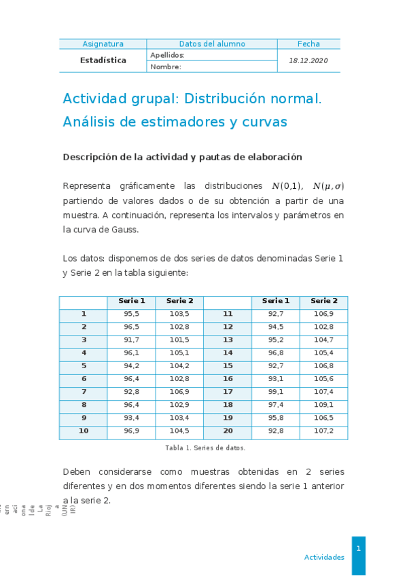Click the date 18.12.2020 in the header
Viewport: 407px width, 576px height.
(308, 60)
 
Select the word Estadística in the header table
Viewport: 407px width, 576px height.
(103, 60)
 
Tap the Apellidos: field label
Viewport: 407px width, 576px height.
(167, 55)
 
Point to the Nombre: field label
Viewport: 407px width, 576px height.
(166, 67)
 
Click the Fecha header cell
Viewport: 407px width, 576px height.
(308, 43)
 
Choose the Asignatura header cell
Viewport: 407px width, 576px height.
(103, 43)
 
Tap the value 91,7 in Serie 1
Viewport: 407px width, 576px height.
(131, 340)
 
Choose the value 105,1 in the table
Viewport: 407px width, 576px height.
(179, 353)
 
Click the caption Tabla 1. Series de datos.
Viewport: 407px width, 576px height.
(205, 448)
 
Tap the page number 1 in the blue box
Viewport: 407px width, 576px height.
(358, 548)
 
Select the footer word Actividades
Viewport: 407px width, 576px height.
(324, 557)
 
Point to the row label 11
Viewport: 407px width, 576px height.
(228, 314)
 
